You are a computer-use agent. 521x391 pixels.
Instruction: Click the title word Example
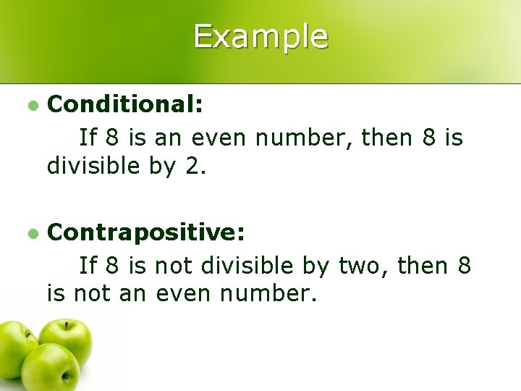(x=260, y=36)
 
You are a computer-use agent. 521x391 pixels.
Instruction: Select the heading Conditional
(x=124, y=105)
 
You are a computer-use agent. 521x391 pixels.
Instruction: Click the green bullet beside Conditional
(x=32, y=106)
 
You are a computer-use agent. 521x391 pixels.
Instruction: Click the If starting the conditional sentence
(x=88, y=137)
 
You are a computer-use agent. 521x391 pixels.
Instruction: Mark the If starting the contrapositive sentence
(x=88, y=266)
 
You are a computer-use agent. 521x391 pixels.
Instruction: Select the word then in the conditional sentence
(x=392, y=137)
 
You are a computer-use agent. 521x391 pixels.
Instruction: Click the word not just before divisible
(x=167, y=266)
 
